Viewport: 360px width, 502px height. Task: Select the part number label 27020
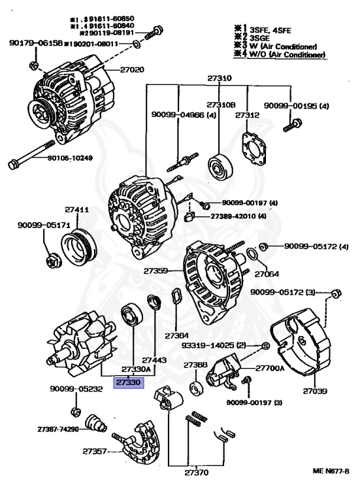click(x=131, y=69)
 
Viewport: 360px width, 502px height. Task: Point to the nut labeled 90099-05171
click(x=53, y=261)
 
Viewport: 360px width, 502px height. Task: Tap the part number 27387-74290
click(x=57, y=429)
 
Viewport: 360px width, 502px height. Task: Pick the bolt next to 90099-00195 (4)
click(x=292, y=123)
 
